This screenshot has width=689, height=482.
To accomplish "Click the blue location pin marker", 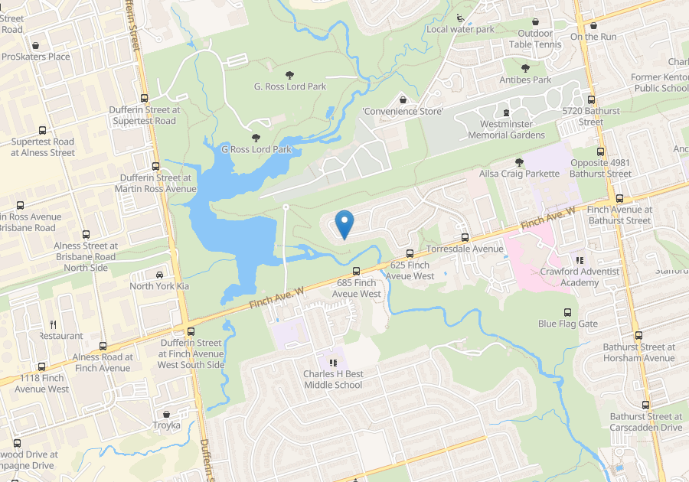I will pos(344,223).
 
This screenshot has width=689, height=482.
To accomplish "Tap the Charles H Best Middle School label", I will pos(333,379).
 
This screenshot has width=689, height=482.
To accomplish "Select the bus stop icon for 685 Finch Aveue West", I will pos(356,271).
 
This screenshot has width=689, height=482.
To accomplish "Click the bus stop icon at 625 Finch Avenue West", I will pos(410,253).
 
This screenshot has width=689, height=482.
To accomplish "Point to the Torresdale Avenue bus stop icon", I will pos(465,237).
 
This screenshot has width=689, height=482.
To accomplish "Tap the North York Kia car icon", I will pos(159,275).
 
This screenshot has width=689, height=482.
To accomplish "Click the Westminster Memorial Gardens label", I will pos(506,129).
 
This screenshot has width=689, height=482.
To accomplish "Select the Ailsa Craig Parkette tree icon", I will pos(520,162).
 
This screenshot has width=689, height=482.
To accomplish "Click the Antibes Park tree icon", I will pos(526,69).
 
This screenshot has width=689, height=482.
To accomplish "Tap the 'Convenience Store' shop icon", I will pos(403,100).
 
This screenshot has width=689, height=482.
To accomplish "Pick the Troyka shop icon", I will pos(166,414).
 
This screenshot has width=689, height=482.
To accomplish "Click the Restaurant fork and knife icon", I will pos(53,324).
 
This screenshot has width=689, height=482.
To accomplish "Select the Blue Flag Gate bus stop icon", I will pos(567,312).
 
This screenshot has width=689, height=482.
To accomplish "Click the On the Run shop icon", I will pos(593,25).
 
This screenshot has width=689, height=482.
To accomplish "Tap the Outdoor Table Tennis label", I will pos(535,39).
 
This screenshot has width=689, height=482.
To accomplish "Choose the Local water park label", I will pos(461,29).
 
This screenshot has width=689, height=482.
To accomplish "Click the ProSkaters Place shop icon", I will pos(36,45).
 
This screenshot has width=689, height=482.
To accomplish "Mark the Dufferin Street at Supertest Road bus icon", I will pos(144,99).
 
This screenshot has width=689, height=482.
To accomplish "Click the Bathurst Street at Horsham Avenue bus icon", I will pos(638,336).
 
